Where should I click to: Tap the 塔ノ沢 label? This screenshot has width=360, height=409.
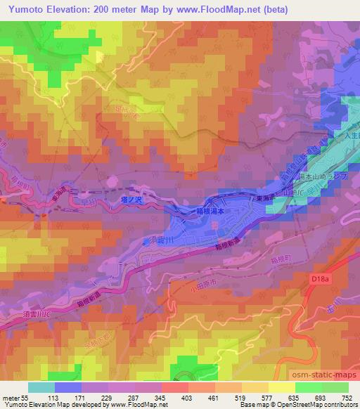[x=132, y=200]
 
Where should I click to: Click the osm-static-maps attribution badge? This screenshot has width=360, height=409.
[x=324, y=376]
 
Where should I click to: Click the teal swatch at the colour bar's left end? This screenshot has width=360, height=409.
[x=41, y=387]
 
